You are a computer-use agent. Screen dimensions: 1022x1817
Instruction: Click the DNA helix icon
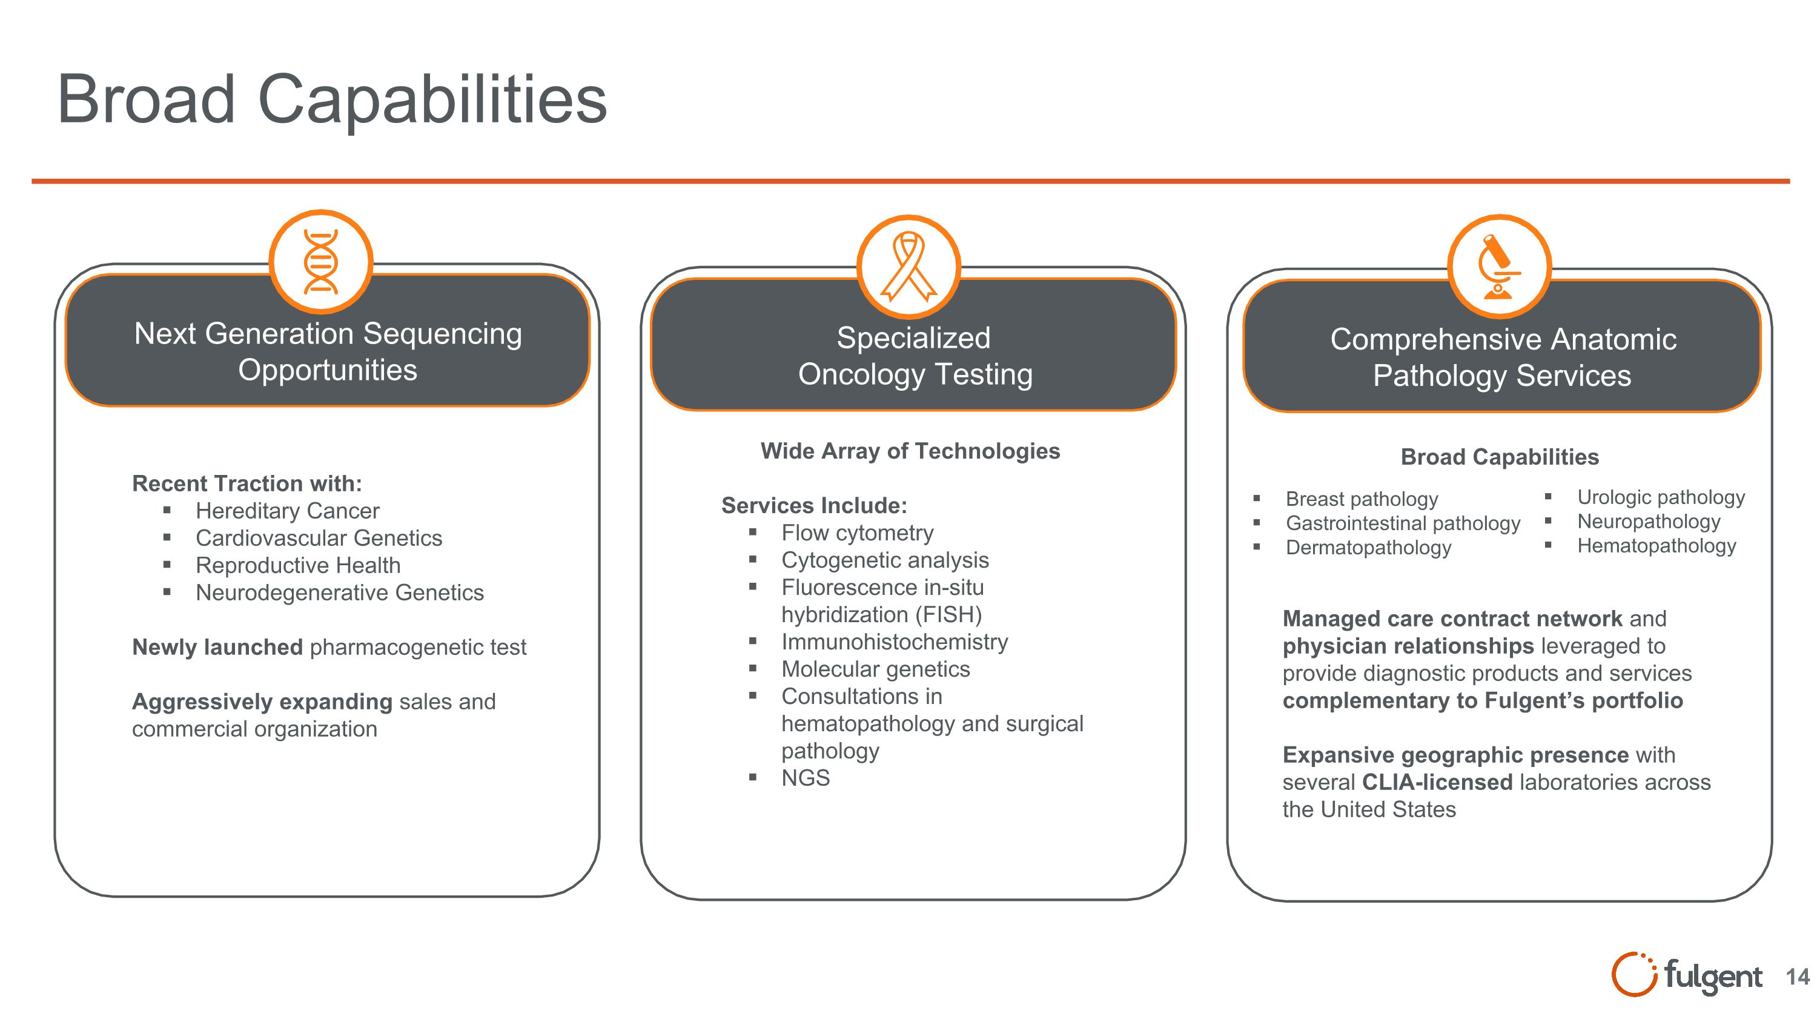pos(321,262)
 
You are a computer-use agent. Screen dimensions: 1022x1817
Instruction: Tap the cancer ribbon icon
pos(908,267)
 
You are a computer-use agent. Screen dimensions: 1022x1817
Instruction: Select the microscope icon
pos(1499,267)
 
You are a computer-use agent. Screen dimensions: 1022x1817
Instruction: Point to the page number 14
pos(1797,977)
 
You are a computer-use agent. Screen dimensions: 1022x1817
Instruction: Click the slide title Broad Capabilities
pos(331,99)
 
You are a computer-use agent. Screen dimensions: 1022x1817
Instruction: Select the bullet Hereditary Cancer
pos(287,511)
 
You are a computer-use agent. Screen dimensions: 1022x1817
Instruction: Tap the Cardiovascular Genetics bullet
pos(319,538)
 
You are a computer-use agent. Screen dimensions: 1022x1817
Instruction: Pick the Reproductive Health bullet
pos(297,566)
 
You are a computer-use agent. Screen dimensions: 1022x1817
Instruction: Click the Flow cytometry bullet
pos(857,533)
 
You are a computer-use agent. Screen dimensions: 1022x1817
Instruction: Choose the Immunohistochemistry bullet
pos(895,642)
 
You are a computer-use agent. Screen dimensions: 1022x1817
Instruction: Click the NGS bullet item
pos(806,778)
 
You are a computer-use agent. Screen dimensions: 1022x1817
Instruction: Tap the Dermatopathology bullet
pos(1368,548)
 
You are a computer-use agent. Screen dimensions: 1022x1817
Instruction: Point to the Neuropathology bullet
pos(1649,522)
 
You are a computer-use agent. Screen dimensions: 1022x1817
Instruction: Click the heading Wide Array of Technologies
pos(910,451)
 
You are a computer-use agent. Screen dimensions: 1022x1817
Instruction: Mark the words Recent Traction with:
pos(247,484)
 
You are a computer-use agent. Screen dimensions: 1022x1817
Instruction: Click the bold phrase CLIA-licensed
pos(1437,782)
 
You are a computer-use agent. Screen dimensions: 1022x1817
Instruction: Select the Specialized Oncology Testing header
pos(914,356)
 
